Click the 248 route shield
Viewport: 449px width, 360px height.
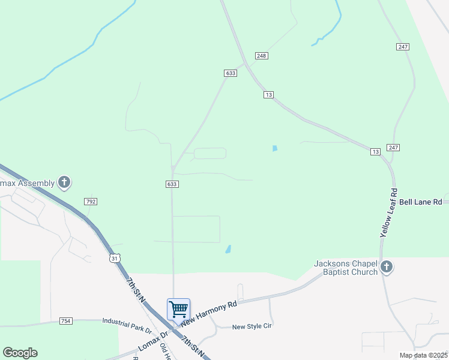[261, 56]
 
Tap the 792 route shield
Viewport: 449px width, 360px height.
[91, 202]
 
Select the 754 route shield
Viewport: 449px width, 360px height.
[66, 322]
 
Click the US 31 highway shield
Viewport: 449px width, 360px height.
[115, 258]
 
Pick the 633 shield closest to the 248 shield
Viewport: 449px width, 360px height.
[231, 73]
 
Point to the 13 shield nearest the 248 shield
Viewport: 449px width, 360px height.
[268, 95]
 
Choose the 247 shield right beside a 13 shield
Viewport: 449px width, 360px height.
[394, 147]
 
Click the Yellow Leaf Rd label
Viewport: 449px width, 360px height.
[388, 214]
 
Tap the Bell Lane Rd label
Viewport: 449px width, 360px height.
[420, 202]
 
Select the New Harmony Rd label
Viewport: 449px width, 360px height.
[214, 314]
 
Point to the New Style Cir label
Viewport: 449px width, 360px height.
[252, 327]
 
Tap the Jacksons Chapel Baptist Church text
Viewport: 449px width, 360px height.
[346, 268]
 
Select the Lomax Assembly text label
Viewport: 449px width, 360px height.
[27, 182]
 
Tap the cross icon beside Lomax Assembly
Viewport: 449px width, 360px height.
[64, 182]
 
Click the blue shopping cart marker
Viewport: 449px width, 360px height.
[179, 310]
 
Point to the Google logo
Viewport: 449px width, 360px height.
[20, 353]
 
